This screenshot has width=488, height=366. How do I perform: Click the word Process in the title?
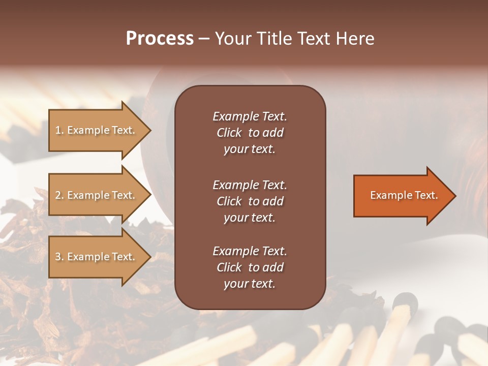(160, 39)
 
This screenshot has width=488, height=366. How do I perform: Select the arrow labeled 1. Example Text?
(97, 130)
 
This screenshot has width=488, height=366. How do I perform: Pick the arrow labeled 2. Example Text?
(97, 195)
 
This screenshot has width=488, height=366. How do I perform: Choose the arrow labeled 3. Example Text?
(97, 257)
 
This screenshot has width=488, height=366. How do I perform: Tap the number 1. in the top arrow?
(59, 130)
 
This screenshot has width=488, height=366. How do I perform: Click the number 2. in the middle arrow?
(59, 195)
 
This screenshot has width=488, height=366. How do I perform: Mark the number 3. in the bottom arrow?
(59, 257)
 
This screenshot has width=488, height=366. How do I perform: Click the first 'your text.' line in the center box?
(250, 149)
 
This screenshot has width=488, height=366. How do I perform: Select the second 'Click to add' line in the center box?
(250, 201)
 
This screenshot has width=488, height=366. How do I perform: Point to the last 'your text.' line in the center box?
(250, 284)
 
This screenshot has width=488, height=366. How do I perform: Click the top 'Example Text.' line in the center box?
(250, 116)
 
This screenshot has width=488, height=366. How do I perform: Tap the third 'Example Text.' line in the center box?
(250, 251)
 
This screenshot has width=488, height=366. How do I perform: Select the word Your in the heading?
(233, 39)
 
